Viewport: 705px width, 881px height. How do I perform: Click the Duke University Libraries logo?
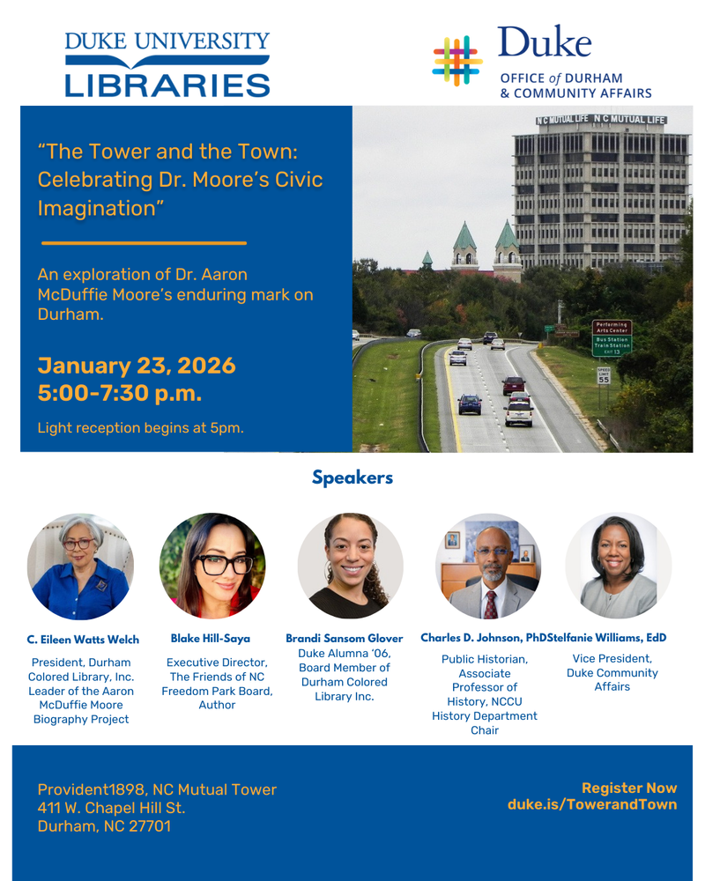[x=167, y=64]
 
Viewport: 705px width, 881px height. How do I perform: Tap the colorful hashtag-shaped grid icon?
[x=457, y=61]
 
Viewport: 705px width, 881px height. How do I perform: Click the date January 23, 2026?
[x=137, y=366]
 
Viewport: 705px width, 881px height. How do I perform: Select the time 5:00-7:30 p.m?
[x=120, y=393]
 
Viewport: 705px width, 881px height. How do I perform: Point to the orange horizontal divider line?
[x=144, y=243]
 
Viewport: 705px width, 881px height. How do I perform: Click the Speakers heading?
[x=352, y=478]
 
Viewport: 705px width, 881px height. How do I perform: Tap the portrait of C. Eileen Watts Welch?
[x=80, y=566]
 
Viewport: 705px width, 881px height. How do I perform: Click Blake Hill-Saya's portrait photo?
[x=212, y=566]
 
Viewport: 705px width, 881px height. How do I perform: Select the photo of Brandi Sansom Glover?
[x=350, y=566]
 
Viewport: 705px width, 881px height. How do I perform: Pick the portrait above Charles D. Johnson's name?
[x=488, y=566]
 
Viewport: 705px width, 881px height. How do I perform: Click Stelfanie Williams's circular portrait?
[x=619, y=566]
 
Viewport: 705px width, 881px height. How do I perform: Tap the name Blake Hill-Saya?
[x=211, y=639]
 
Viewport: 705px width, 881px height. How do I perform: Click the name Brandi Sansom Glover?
[x=344, y=638]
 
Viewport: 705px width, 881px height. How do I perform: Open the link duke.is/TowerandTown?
[x=592, y=804]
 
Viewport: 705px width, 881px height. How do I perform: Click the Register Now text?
[x=629, y=788]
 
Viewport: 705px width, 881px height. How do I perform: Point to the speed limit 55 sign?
[x=604, y=376]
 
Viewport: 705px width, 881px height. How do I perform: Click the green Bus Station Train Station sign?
[x=612, y=345]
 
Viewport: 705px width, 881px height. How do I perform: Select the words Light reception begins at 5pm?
[x=140, y=428]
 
